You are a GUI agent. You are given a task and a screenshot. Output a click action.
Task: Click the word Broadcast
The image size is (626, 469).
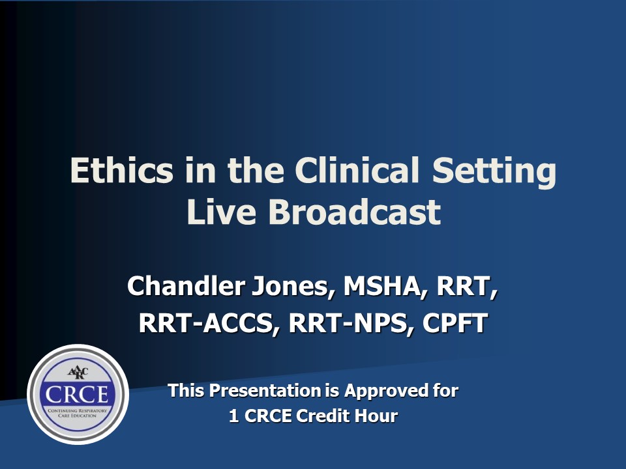pos(355,212)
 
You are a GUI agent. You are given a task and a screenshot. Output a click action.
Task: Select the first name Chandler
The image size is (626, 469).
pos(183,286)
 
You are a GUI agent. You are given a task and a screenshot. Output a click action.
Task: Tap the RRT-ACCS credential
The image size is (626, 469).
pos(205,324)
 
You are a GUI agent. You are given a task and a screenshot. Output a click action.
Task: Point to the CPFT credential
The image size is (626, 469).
pos(455,324)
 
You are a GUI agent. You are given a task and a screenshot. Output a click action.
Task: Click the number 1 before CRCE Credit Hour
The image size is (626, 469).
pos(233,416)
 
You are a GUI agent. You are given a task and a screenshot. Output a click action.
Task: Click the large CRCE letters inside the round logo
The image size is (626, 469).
pos(78,395)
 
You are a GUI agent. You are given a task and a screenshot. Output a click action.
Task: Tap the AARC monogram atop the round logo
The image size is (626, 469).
pos(78,373)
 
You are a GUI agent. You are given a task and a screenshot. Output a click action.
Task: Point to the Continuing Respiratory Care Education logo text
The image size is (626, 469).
pos(78,413)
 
